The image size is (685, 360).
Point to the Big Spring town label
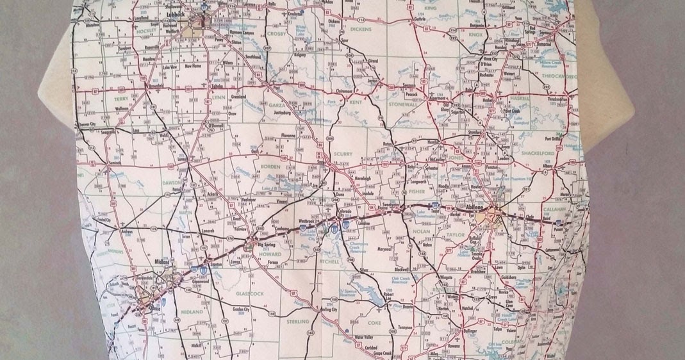pyautogui.click(x=265, y=245)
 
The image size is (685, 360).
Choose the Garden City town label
pyautogui.click(x=240, y=309)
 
